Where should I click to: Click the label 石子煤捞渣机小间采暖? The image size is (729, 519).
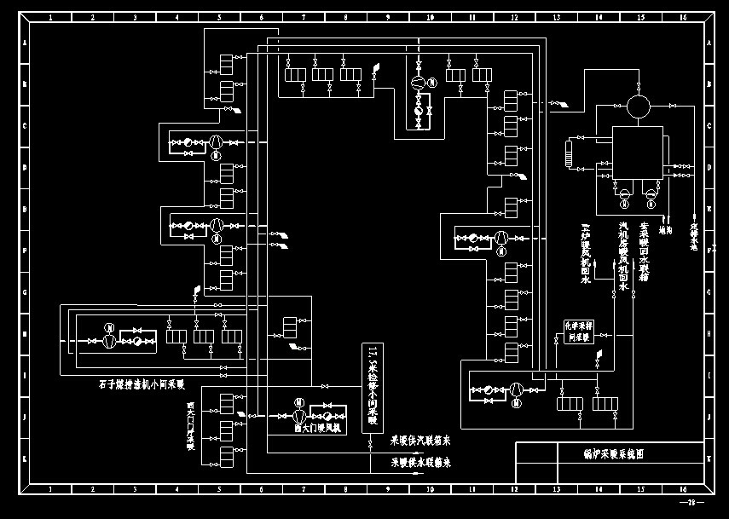pos(142,384)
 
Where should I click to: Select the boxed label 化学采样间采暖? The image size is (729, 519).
pos(578,332)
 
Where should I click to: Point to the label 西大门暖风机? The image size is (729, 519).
pos(316,429)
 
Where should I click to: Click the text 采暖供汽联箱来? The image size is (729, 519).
pos(420,441)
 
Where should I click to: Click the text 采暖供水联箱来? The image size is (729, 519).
pos(420,463)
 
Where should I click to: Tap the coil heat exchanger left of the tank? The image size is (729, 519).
pos(570,153)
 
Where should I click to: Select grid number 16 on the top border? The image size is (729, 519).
pos(683,17)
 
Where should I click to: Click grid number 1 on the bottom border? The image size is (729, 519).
pos(50,491)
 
